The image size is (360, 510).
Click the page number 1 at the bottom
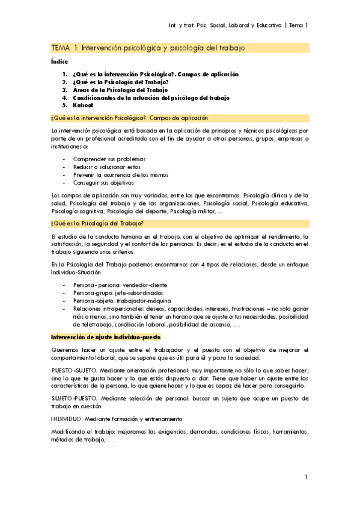pyautogui.click(x=306, y=477)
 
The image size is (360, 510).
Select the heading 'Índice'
pyautogui.click(x=59, y=62)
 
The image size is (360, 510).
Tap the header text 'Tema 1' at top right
pyautogui.click(x=298, y=25)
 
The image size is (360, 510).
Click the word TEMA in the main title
pyautogui.click(x=61, y=48)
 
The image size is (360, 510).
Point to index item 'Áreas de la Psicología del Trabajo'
pyautogui.click(x=116, y=89)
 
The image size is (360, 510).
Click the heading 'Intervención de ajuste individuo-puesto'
pyautogui.click(x=106, y=337)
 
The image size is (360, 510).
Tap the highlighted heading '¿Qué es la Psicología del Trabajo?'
pyautogui.click(x=97, y=224)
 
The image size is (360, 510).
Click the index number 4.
pyautogui.click(x=64, y=97)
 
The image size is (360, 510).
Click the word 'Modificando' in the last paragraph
pyautogui.click(x=69, y=432)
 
